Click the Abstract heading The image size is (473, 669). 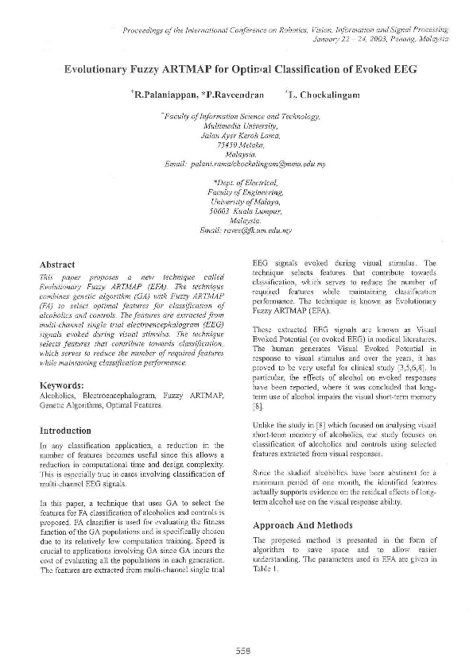tap(57, 265)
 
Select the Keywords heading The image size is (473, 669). tap(62, 385)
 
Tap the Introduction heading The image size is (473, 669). tap(65, 431)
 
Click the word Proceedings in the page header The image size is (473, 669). tap(147, 30)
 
